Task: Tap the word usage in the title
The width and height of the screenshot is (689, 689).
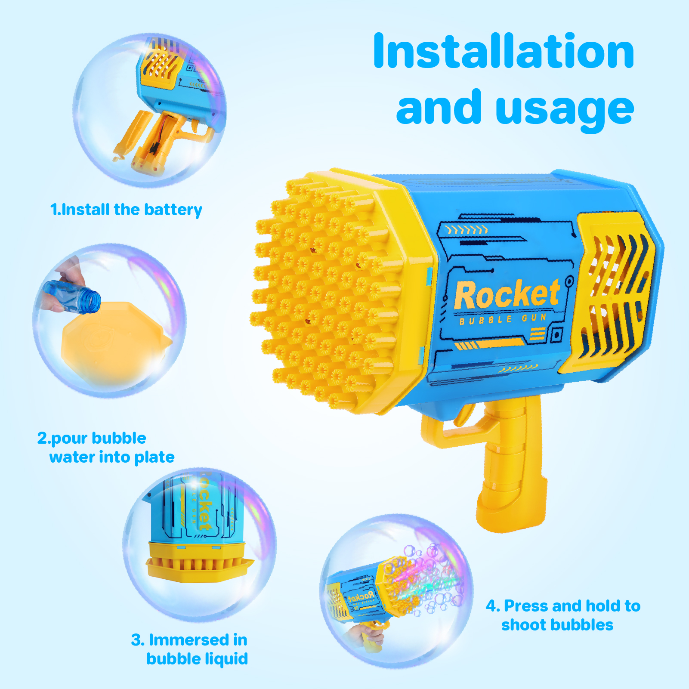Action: click(565, 110)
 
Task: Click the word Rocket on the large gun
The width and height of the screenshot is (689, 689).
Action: click(507, 294)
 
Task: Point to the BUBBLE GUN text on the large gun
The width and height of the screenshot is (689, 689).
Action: click(502, 319)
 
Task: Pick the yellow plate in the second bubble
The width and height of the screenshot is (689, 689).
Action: click(114, 342)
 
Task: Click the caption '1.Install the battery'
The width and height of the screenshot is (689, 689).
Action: click(126, 210)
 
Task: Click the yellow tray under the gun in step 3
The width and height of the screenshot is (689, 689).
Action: click(199, 562)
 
